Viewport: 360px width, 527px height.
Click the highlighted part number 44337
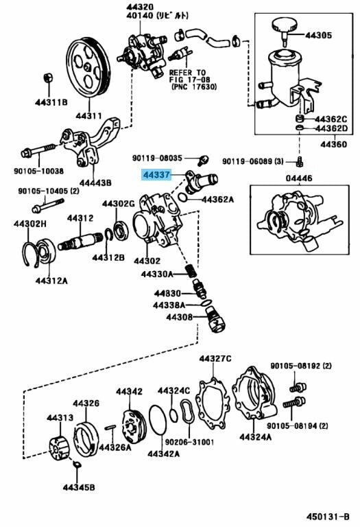[156, 175]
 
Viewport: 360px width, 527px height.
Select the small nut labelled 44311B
[49, 78]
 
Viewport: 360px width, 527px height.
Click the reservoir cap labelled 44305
[284, 30]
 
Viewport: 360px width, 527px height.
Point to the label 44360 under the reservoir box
[333, 145]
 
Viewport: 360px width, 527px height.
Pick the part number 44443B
[96, 183]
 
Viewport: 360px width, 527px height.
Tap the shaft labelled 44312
[80, 242]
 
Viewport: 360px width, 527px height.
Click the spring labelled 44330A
[191, 271]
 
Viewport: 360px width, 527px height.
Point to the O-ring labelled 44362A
[182, 198]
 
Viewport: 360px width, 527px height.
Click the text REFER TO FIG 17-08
[190, 76]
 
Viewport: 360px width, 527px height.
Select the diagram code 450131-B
[328, 516]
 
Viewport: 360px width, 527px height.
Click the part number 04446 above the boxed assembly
[299, 178]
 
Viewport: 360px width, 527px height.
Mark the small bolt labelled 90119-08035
[203, 160]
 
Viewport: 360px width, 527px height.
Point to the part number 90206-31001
[189, 442]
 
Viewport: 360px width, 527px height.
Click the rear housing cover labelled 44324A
[254, 393]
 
